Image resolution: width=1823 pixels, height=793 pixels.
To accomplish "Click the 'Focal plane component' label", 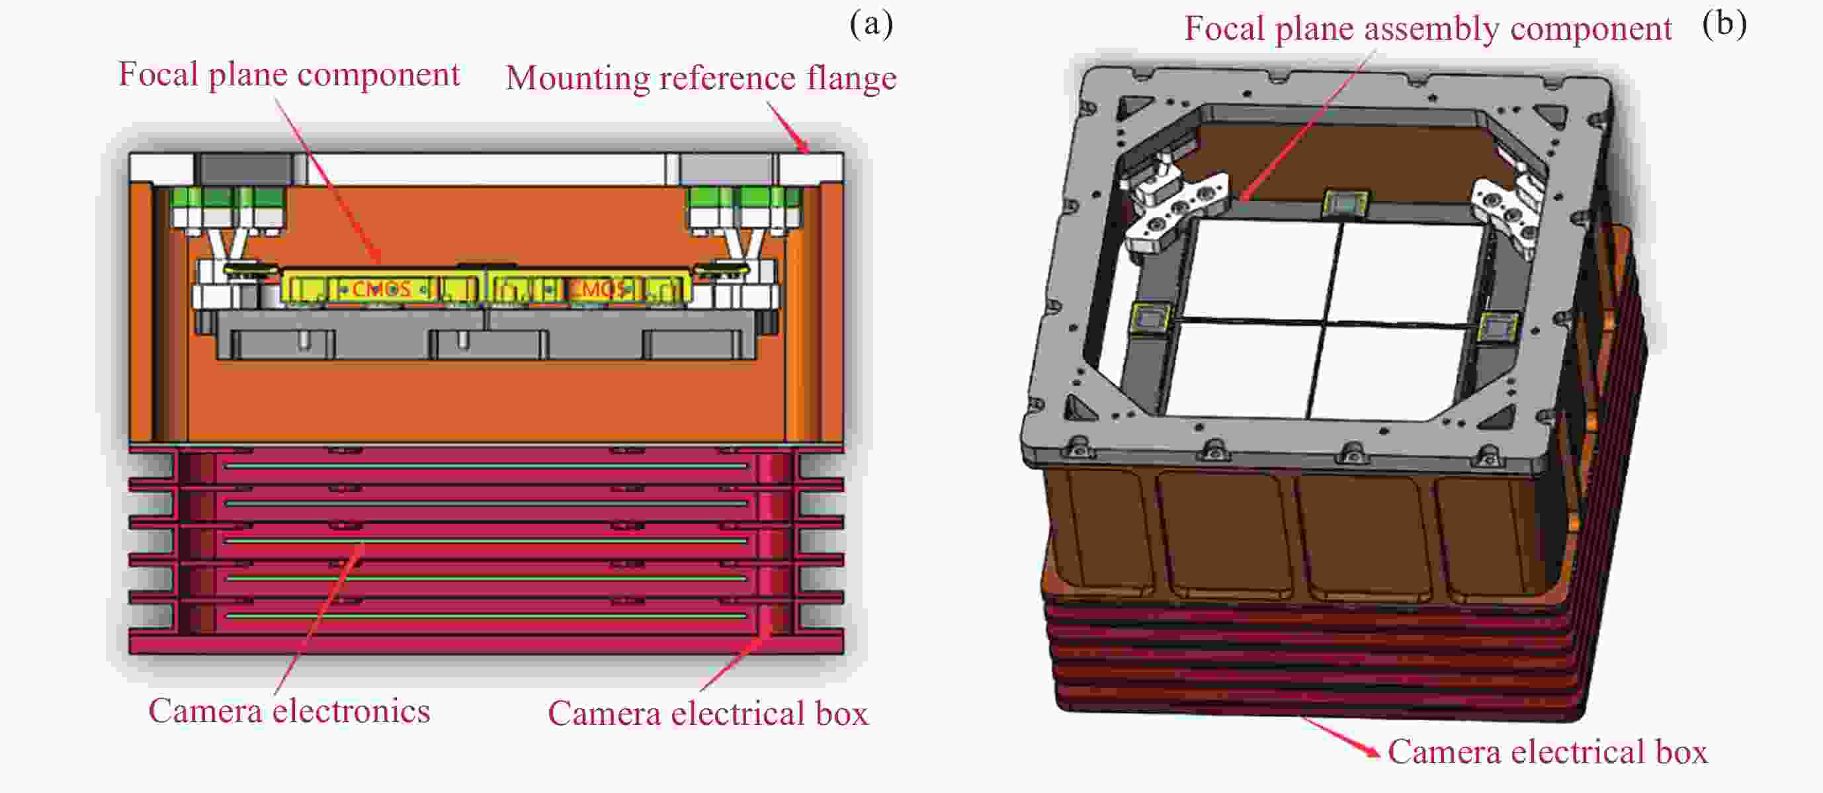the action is click(x=289, y=75).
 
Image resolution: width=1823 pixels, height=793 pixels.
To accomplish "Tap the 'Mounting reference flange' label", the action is click(x=701, y=78).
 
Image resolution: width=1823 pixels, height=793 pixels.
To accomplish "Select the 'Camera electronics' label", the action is click(x=289, y=711).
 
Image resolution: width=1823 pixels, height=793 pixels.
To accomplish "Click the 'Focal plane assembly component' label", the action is click(x=1428, y=29).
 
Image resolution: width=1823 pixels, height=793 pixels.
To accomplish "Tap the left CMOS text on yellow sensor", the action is click(x=382, y=288).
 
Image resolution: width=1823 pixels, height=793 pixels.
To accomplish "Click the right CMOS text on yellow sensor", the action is click(x=599, y=288).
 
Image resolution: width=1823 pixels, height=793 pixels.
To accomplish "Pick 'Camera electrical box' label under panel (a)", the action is click(x=708, y=713).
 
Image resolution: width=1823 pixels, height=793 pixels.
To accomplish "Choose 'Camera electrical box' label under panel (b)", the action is click(x=1548, y=751).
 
